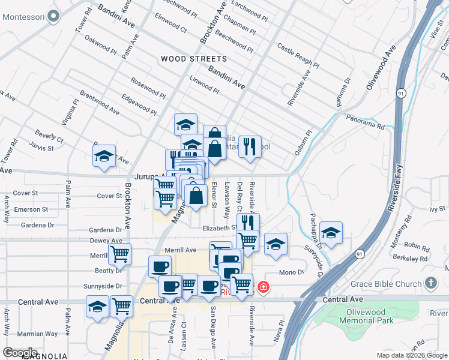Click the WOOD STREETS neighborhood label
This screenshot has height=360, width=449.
pos(194,59)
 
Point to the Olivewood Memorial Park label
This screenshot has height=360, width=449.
pos(370,316)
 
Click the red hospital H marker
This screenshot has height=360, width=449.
pos(262,289)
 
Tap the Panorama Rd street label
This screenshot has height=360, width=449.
pos(364,121)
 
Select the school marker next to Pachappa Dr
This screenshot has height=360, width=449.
pos(331,231)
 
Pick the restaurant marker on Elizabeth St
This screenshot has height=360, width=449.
pos(247,222)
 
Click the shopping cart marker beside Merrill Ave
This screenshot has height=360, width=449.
pos(119,253)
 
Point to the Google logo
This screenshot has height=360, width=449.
pos(20,353)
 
